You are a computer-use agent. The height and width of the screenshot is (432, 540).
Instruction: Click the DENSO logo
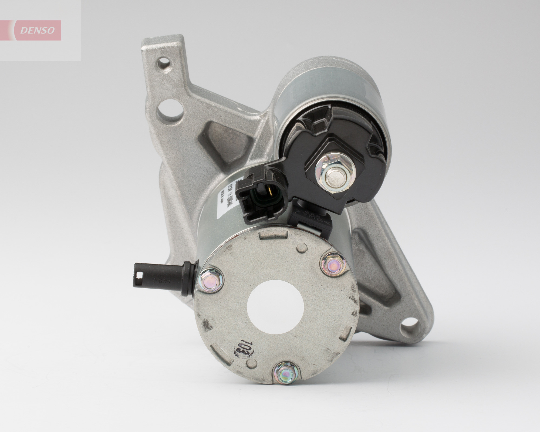(x=38, y=31)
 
